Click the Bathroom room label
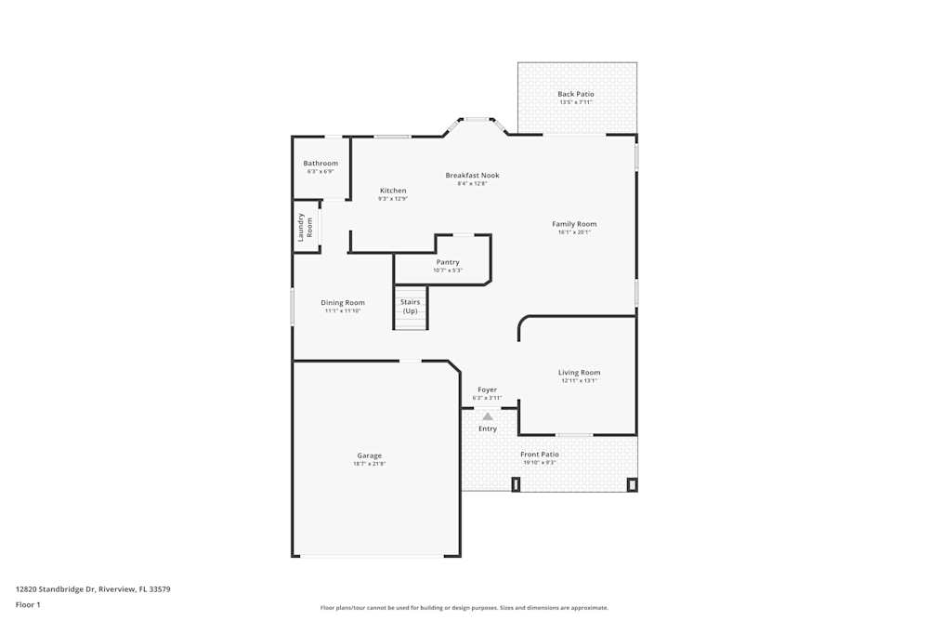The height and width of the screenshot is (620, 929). [x=321, y=164]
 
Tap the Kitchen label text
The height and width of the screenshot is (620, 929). [x=393, y=191]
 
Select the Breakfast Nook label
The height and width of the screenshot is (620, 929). [x=472, y=175]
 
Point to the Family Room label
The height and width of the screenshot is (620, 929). [x=574, y=224]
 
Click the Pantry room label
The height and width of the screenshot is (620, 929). [x=448, y=262]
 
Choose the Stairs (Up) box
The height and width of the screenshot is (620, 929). [x=410, y=307]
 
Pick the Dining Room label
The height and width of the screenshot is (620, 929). [x=343, y=302]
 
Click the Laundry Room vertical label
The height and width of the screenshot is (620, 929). [x=306, y=227]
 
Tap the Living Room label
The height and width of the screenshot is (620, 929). [x=579, y=373]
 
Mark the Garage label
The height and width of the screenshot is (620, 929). [x=370, y=455]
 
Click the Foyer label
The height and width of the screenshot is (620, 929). [x=487, y=389]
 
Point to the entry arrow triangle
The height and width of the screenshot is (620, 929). [x=488, y=416]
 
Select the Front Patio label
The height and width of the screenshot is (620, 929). [x=539, y=454]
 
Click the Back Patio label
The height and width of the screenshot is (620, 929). [x=576, y=94]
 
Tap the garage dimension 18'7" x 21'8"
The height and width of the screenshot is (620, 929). [x=369, y=464]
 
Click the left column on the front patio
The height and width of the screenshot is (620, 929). [x=516, y=483]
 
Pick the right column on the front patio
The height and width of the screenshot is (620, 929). [x=632, y=483]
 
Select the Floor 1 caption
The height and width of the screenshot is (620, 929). [x=28, y=604]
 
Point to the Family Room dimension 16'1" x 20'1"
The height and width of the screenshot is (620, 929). [x=574, y=232]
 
